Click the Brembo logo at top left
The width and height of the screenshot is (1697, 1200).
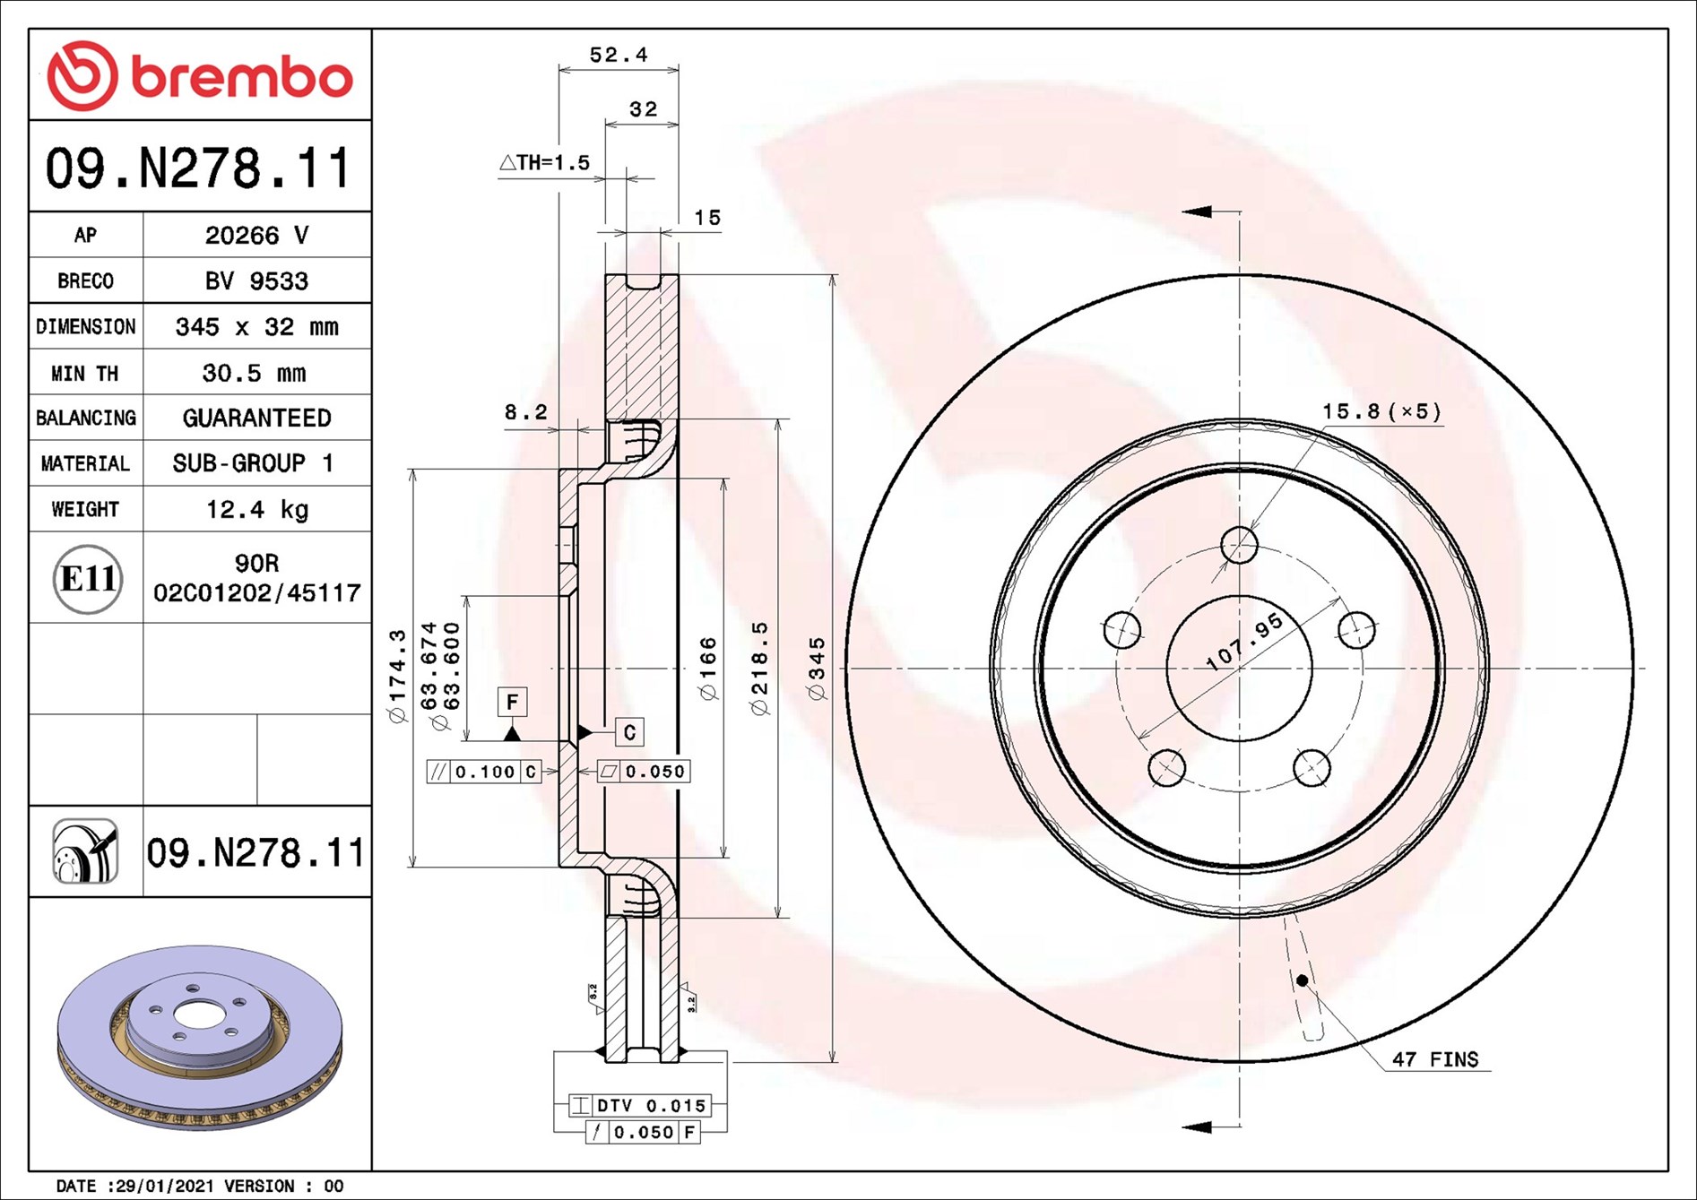(x=199, y=75)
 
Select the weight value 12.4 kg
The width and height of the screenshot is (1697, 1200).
(x=256, y=509)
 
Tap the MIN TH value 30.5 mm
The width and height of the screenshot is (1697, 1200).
(x=254, y=373)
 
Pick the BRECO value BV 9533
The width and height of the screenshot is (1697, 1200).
(x=256, y=281)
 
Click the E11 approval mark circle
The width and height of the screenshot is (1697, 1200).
(x=87, y=579)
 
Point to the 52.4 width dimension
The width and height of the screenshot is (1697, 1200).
(x=618, y=55)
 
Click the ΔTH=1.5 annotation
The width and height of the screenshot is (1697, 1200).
(x=545, y=163)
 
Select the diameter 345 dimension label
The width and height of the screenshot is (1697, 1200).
(x=816, y=669)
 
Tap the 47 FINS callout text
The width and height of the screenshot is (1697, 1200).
(x=1434, y=1059)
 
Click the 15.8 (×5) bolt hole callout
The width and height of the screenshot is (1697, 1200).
(x=1381, y=411)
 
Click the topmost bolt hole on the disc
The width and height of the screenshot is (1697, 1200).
(x=1239, y=544)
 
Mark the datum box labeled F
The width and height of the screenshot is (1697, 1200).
(x=512, y=702)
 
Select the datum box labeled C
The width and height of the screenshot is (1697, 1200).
(x=629, y=732)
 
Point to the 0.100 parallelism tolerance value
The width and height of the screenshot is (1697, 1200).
(x=484, y=772)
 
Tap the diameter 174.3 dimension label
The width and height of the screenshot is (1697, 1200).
(x=397, y=676)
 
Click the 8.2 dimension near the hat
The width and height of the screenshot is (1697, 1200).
(x=525, y=412)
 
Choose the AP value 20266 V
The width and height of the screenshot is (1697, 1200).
(x=256, y=235)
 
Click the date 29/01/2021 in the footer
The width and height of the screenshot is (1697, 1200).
(x=165, y=1186)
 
